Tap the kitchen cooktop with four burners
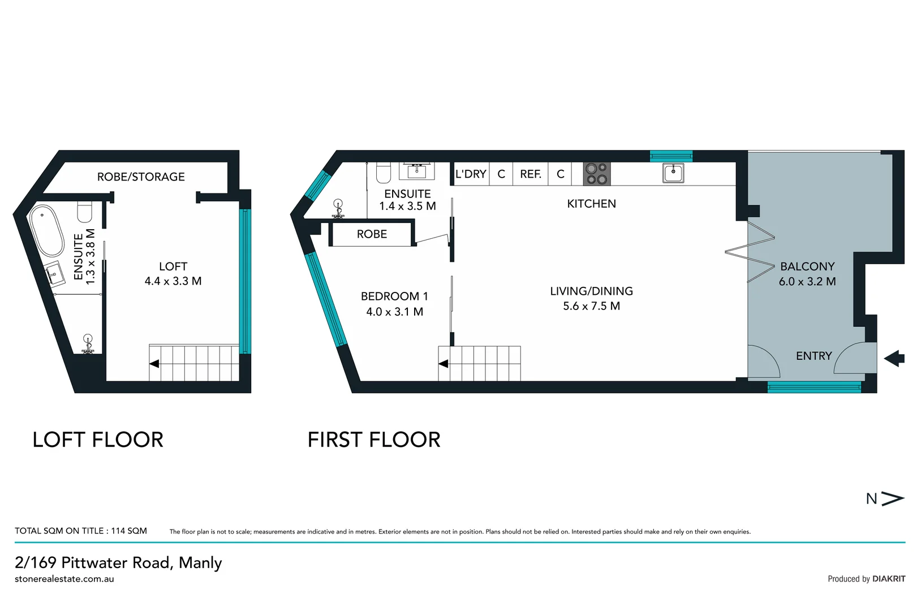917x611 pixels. (x=596, y=174)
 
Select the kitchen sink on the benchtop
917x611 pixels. (x=673, y=173)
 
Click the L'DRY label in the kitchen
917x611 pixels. (x=471, y=174)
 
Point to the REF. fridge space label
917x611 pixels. (x=530, y=174)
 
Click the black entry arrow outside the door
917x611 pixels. (x=894, y=358)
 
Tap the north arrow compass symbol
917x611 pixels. (x=885, y=498)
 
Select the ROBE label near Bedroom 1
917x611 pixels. (x=372, y=234)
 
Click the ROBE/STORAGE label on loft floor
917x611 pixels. (x=141, y=177)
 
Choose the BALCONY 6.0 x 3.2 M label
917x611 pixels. (x=807, y=274)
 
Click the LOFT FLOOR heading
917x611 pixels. (x=98, y=440)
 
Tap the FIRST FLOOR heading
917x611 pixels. (x=373, y=440)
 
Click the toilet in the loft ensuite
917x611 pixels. (x=85, y=212)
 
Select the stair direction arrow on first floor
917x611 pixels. (x=444, y=364)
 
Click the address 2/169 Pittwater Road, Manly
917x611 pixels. (x=118, y=562)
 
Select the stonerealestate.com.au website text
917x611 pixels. (x=64, y=579)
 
